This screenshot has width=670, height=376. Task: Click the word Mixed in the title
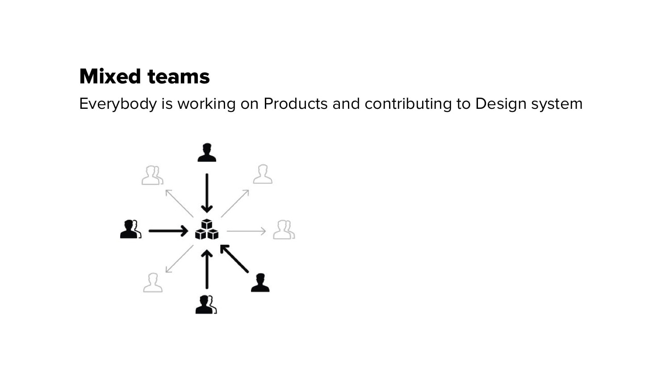tap(110, 76)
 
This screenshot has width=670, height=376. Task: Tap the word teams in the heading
tap(179, 77)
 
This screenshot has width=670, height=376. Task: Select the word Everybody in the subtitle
tap(118, 104)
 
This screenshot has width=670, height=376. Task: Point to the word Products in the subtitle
tap(296, 103)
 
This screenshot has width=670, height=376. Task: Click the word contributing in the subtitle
tap(408, 104)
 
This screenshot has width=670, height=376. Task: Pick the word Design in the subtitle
tap(501, 104)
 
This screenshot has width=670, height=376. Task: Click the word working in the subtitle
tap(206, 104)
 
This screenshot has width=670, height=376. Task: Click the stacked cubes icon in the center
tap(207, 229)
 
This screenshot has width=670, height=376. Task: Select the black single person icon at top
tap(207, 152)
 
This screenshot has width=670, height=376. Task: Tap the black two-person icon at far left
tap(131, 229)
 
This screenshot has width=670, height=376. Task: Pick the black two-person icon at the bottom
tap(206, 304)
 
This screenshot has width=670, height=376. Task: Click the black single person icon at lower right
tap(260, 282)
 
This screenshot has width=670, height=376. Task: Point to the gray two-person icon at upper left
tap(153, 175)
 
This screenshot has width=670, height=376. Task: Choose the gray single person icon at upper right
tap(263, 174)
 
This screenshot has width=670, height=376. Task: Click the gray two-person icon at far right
tap(284, 230)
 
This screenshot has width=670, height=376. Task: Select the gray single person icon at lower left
tap(153, 282)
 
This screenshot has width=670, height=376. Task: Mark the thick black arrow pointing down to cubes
tap(207, 193)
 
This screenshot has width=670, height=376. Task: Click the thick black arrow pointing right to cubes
tap(168, 231)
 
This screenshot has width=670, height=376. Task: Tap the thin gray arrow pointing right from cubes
tap(247, 231)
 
